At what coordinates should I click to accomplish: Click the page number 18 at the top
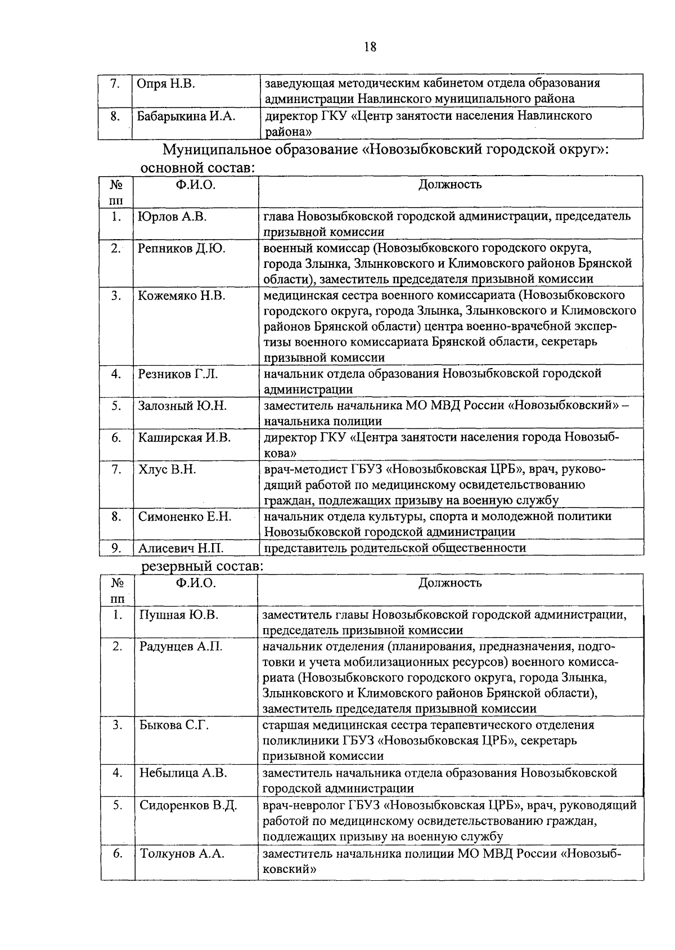pyautogui.click(x=370, y=47)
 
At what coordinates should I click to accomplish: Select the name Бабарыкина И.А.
pyautogui.click(x=187, y=116)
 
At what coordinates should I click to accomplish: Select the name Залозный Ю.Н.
pyautogui.click(x=182, y=406)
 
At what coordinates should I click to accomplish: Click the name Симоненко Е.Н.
pyautogui.click(x=185, y=517)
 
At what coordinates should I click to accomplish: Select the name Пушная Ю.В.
pyautogui.click(x=179, y=615)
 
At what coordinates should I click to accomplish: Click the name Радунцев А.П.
pyautogui.click(x=181, y=647)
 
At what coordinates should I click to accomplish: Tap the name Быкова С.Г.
pyautogui.click(x=174, y=725)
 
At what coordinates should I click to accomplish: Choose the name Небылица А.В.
pyautogui.click(x=183, y=773)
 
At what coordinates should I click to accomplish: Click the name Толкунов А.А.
pyautogui.click(x=182, y=854)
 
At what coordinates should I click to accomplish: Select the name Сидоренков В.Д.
pyautogui.click(x=188, y=805)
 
